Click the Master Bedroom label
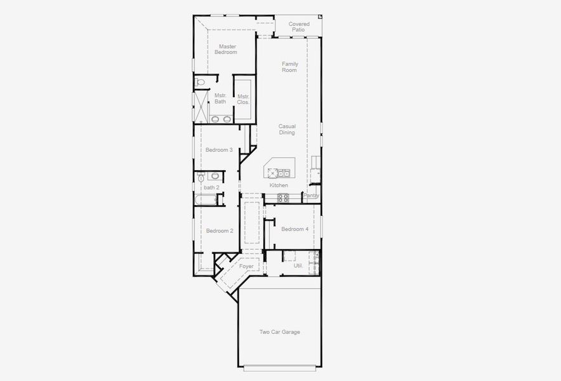[227, 49]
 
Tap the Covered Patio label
[299, 27]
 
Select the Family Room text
[289, 67]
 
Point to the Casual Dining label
[287, 129]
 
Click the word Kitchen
[279, 185]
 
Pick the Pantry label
[311, 196]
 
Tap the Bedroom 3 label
[219, 150]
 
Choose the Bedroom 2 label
[220, 231]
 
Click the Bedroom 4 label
[294, 229]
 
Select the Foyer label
[246, 266]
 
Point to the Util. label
[298, 265]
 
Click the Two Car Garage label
[279, 332]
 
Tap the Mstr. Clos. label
[243, 99]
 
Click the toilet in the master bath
[201, 82]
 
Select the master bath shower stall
[201, 106]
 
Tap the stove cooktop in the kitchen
[283, 198]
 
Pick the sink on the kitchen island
[284, 173]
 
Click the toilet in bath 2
[201, 177]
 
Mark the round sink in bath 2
[214, 176]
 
